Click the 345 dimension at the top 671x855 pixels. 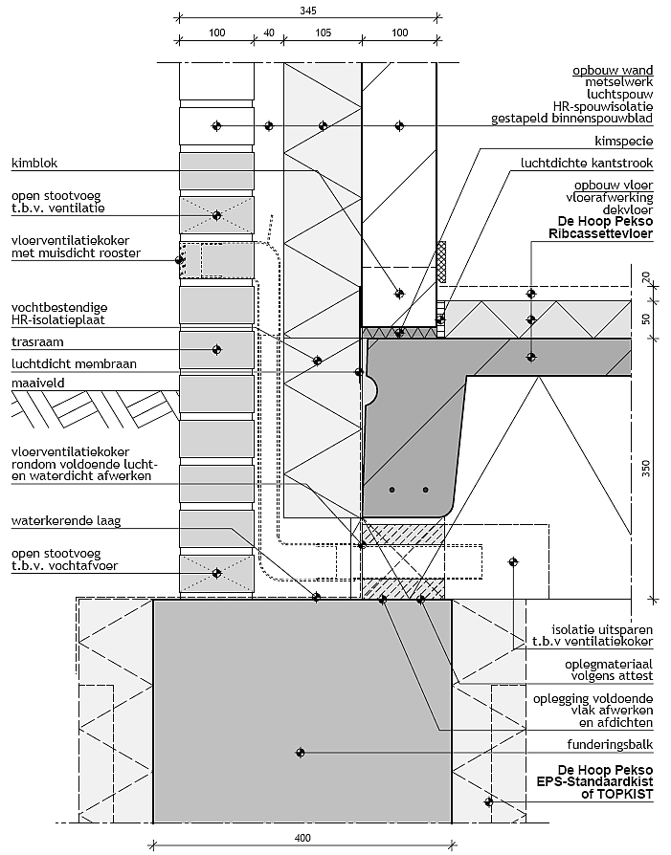tap(306, 11)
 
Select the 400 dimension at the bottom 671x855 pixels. tap(302, 840)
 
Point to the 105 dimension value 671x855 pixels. tap(322, 32)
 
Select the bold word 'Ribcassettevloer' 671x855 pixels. tap(601, 231)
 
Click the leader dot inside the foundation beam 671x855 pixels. tap(301, 752)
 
